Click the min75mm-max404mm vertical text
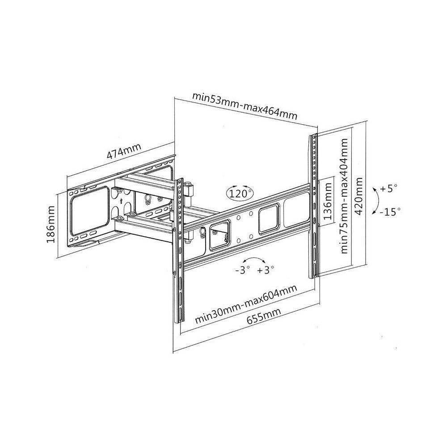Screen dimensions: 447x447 [344, 196]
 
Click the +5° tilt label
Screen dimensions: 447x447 [388, 189]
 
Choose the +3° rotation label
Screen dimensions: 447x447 [266, 270]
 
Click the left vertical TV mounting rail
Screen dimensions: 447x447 [179, 250]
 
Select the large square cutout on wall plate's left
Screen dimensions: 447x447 [90, 211]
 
